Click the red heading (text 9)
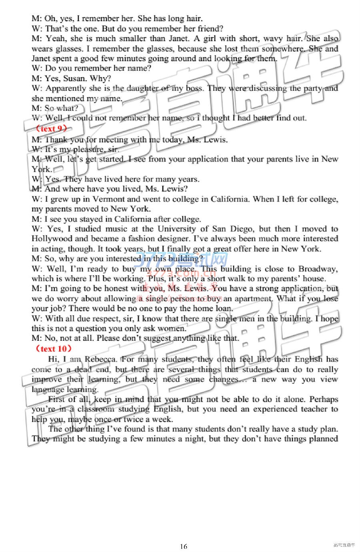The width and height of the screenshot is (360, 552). pos(51,128)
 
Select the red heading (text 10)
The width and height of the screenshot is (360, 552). pos(53,348)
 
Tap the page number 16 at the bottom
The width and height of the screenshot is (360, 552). pos(184,546)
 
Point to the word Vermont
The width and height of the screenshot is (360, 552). pos(108,199)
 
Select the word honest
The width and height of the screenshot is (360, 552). pos(116,288)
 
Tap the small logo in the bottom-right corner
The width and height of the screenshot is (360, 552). pos(344,545)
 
